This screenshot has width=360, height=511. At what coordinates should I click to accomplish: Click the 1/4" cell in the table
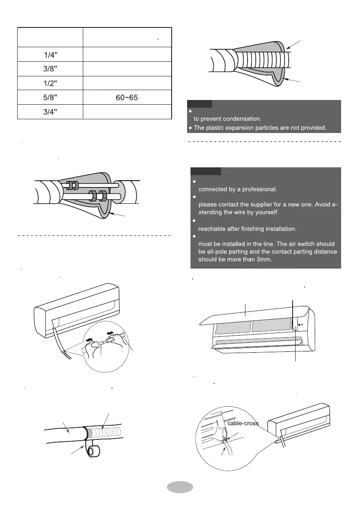coord(49,55)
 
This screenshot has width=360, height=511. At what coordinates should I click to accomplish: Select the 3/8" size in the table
coord(49,70)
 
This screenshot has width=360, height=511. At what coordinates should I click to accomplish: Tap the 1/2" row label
coord(49,83)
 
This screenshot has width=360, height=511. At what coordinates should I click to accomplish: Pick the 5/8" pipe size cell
coord(49,98)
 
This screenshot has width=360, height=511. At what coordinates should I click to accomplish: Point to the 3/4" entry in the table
coord(49,111)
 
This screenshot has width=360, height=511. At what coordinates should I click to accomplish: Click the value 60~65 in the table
coord(127,98)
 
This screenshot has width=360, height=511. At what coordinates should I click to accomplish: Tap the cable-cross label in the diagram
coord(243,423)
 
